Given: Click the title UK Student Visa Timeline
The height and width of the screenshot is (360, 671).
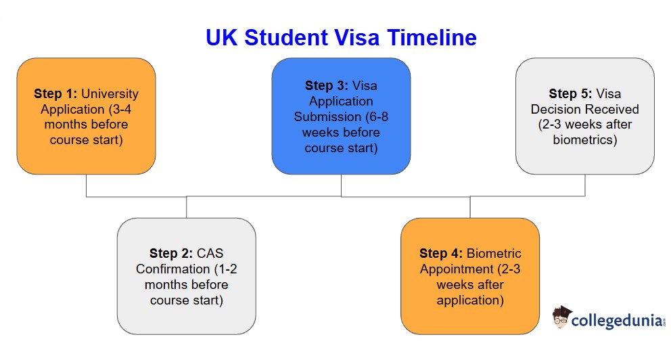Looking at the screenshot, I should pos(341,37).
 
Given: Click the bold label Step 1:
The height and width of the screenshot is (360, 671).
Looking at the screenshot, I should pos(55,93).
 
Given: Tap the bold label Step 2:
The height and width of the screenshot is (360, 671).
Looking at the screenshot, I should pos(171,254).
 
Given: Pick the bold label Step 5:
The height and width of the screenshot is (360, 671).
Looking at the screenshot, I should pos(571,93).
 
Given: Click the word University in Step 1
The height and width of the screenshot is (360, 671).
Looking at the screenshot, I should pos(110,93).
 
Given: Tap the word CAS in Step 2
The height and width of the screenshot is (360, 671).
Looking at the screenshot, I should pos(209,254).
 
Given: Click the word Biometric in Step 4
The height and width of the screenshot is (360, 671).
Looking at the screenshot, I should pos(494,254).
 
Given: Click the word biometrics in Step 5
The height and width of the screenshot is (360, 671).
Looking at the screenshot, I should pos(584,140).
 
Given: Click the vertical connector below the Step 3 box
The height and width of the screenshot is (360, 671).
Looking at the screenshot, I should pos(341,185).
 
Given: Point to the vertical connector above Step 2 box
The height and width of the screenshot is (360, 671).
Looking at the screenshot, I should pos(187,207).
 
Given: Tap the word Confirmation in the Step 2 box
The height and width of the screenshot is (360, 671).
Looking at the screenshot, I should pos(172,269).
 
